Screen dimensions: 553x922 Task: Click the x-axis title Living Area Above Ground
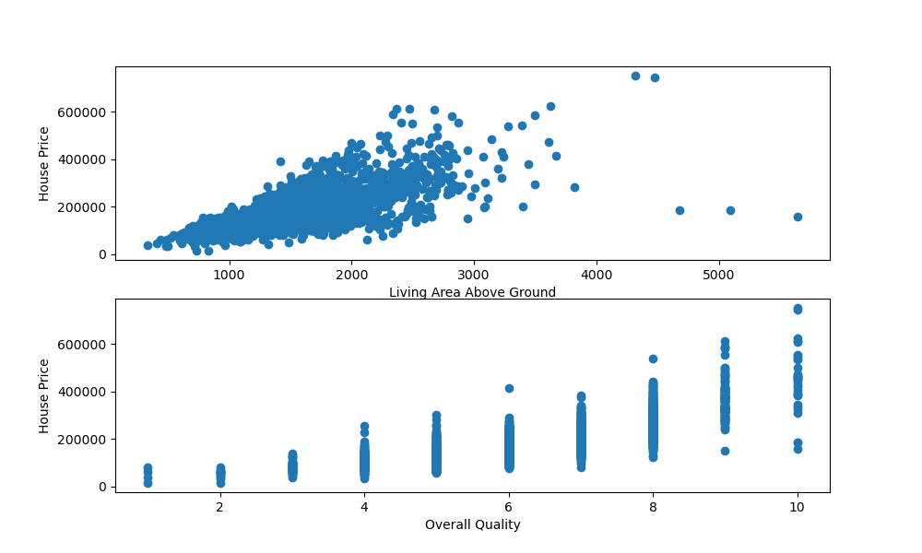coord(472,292)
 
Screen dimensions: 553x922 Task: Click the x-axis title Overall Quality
coord(472,524)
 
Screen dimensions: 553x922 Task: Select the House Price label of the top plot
coord(43,163)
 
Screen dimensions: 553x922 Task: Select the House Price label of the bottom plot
coord(43,395)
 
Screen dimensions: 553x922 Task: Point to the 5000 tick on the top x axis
coord(718,274)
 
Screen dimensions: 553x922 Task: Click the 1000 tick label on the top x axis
coord(229,274)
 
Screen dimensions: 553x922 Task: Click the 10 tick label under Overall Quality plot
coord(797,506)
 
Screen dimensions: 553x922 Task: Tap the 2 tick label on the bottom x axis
coord(220,506)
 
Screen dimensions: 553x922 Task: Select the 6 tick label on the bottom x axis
coord(509,506)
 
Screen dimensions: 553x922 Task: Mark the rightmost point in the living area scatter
coord(798,217)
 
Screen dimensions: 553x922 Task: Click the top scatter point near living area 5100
coord(730,210)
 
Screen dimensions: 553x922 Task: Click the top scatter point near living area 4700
coord(680,210)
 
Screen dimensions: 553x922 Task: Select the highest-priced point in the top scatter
coord(635,76)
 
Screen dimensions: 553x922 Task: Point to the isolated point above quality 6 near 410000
coord(509,388)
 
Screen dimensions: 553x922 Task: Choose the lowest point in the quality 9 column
coord(725,451)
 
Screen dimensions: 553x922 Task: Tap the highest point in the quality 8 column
coord(653,359)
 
